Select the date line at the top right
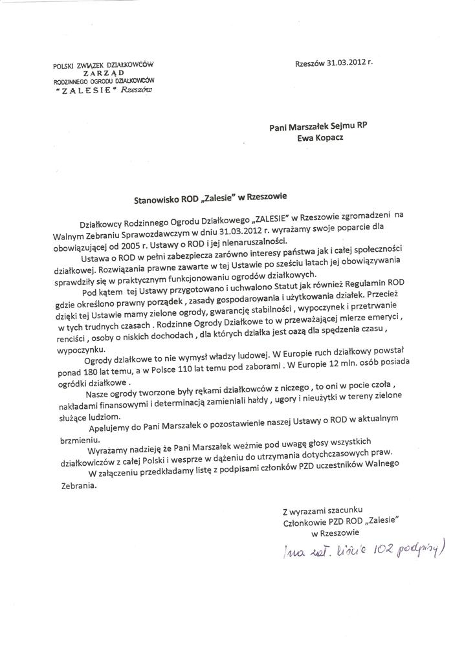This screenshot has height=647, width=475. (333, 63)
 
